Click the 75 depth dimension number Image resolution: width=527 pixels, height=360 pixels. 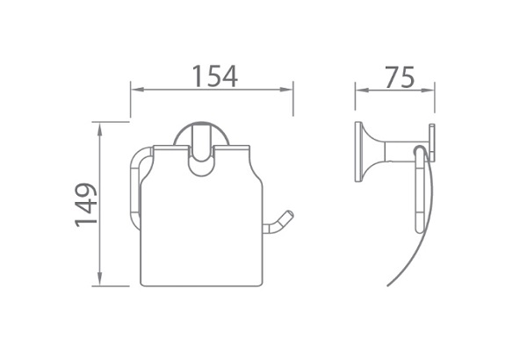click(400, 76)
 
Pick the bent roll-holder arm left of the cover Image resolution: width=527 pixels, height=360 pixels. click(135, 189)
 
